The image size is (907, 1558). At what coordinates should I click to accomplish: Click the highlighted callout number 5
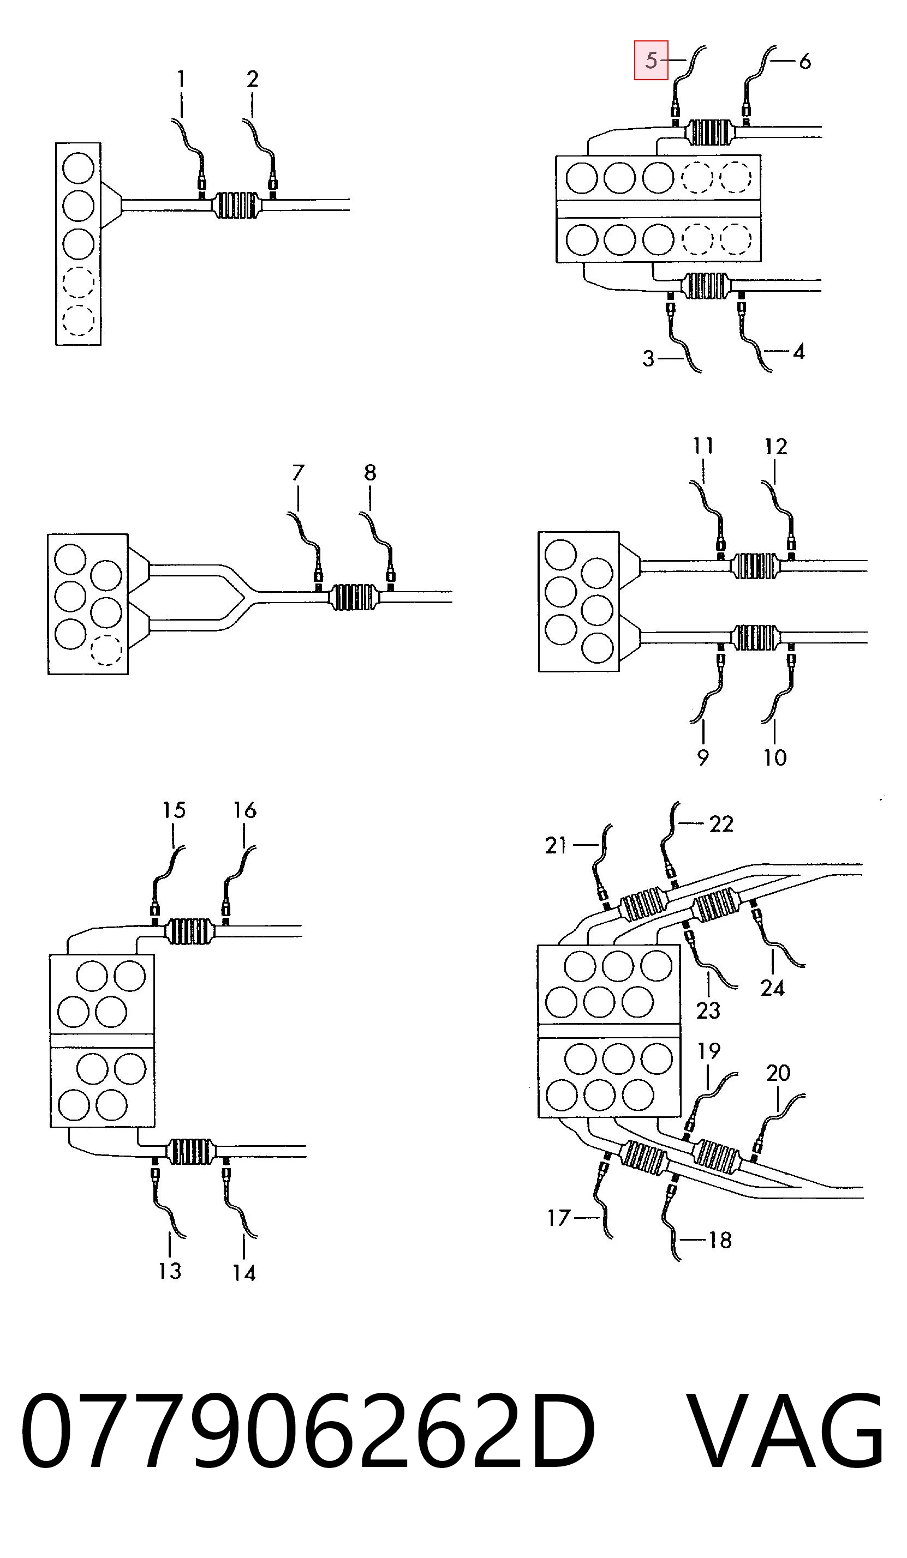(651, 60)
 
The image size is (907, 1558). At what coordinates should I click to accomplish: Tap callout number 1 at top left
(181, 79)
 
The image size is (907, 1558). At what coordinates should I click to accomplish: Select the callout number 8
(370, 472)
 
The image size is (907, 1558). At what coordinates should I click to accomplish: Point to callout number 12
(776, 447)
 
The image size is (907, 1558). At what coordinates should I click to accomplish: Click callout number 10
(774, 757)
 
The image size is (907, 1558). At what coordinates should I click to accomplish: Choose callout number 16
(244, 810)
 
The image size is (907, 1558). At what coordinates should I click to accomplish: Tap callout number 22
(721, 824)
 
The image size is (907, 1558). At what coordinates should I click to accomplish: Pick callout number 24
(772, 988)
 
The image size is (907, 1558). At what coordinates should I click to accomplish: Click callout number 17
(559, 1218)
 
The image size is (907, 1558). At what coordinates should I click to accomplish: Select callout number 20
(778, 1073)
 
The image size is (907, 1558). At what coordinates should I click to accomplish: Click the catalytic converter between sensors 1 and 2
(236, 205)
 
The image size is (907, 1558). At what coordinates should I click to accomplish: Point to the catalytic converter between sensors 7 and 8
(354, 597)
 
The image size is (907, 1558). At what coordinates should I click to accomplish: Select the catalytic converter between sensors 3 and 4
(705, 286)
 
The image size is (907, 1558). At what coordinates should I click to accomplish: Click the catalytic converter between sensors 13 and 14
(190, 1151)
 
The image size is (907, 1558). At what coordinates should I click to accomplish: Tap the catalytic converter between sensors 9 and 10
(755, 637)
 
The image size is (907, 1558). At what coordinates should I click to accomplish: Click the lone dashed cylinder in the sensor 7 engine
(106, 650)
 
